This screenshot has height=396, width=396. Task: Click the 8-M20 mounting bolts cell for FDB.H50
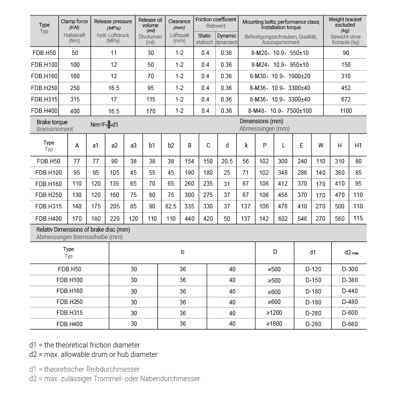point(280,53)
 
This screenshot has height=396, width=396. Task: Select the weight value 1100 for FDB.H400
point(346,111)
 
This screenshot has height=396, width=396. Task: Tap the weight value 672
point(346,99)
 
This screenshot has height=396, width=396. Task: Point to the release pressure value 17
point(113,99)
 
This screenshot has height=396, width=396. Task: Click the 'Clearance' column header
point(179,21)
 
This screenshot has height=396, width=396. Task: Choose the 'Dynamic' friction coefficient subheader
point(226,36)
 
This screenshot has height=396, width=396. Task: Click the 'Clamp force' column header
point(75,21)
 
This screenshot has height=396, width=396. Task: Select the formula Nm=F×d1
point(104,125)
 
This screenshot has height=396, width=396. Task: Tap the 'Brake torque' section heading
point(52,122)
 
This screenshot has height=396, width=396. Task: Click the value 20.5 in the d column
point(227,161)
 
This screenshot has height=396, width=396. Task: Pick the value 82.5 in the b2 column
point(171,206)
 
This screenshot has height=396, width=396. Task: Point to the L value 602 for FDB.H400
point(283,218)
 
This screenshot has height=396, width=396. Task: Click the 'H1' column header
point(358,146)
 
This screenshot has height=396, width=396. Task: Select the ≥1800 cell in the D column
point(275,324)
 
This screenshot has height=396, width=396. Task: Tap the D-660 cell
point(349,324)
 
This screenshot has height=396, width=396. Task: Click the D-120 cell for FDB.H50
point(313,269)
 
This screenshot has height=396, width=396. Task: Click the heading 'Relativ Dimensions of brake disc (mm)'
point(83,230)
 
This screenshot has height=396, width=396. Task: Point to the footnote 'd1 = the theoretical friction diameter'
point(85,345)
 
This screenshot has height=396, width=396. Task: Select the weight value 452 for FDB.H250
point(346,88)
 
